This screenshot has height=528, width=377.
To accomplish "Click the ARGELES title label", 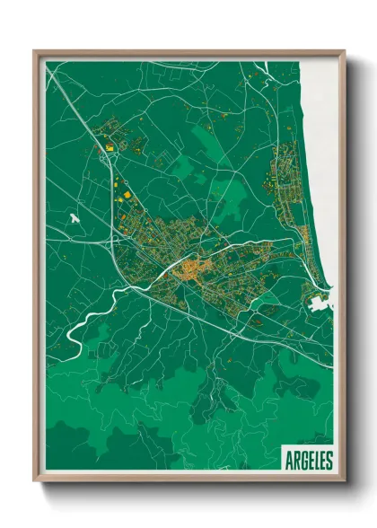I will click(x=307, y=460).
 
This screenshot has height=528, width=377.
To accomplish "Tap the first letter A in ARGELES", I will click(x=288, y=460).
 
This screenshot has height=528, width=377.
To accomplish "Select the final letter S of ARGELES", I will click(x=328, y=460).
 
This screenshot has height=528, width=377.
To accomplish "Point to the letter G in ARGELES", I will click(x=301, y=460).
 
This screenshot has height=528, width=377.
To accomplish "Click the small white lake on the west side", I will click(x=75, y=217).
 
